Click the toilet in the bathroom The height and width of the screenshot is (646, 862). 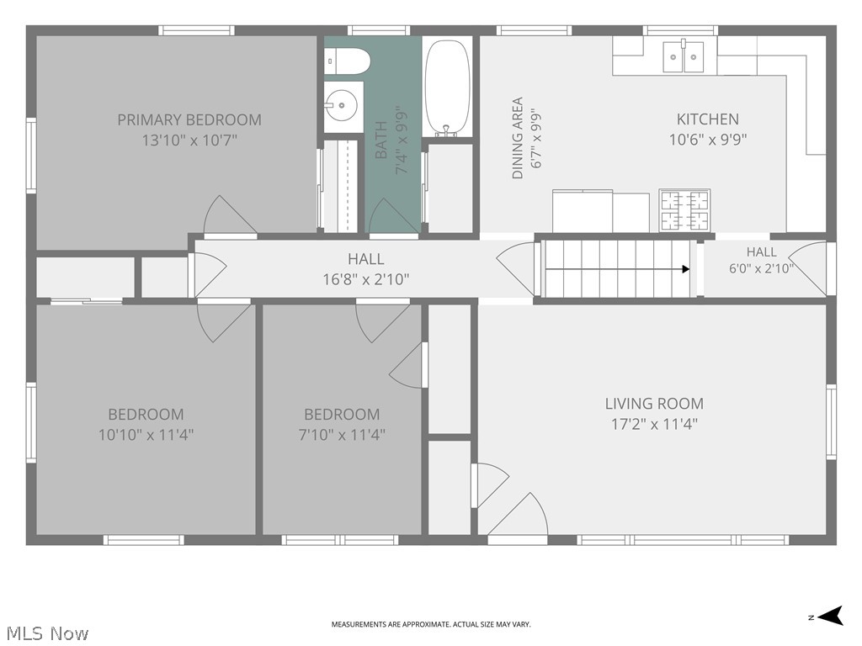[346, 61]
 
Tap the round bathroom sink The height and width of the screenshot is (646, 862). [341, 105]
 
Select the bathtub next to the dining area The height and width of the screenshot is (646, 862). [448, 87]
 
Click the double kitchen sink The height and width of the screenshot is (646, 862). [684, 56]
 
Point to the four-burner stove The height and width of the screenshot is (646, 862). [684, 209]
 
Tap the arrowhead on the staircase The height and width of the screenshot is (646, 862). [686, 269]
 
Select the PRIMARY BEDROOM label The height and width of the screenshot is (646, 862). [189, 119]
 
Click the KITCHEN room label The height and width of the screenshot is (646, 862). [707, 119]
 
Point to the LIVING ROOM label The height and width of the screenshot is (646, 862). [654, 404]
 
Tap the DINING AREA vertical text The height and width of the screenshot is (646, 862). [518, 139]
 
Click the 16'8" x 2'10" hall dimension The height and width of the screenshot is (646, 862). [365, 279]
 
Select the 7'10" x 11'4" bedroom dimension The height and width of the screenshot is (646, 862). [342, 435]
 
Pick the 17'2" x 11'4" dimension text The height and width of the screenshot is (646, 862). [654, 424]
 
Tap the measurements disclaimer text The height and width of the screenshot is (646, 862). [431, 625]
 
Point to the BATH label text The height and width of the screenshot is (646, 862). [381, 140]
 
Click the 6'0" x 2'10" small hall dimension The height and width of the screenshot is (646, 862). [761, 268]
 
